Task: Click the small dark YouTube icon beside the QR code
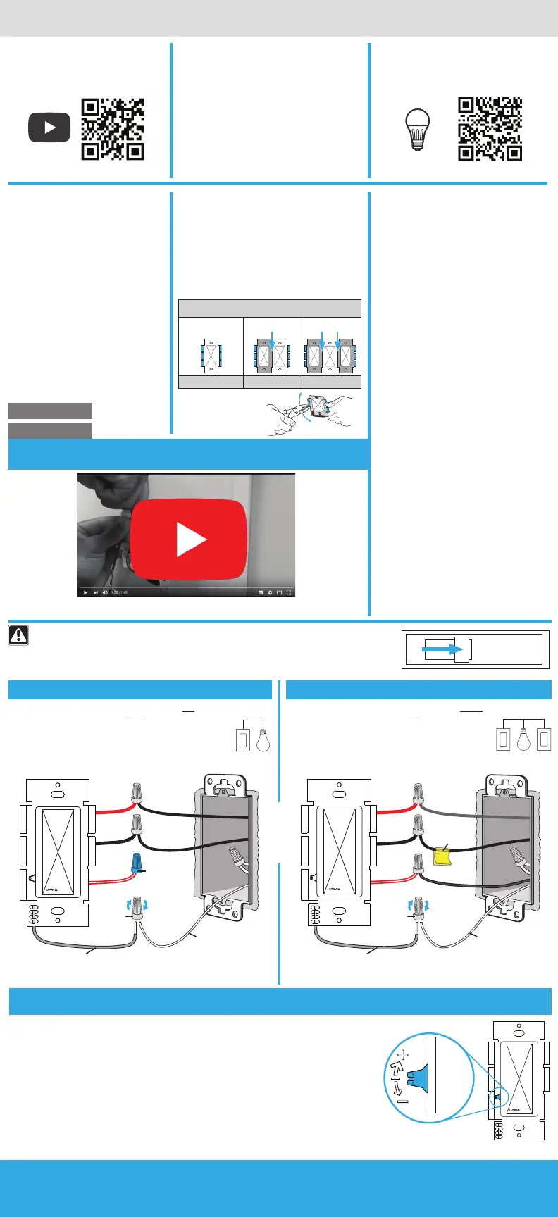tap(49, 127)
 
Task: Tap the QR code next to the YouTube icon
tap(113, 129)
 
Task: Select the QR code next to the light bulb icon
tap(490, 129)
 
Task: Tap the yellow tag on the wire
tap(442, 855)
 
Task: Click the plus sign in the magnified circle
tap(402, 1055)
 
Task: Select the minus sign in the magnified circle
tap(402, 1101)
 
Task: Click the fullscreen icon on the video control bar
tap(289, 592)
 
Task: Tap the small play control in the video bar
tap(85, 592)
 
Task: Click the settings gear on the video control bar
tap(270, 592)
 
